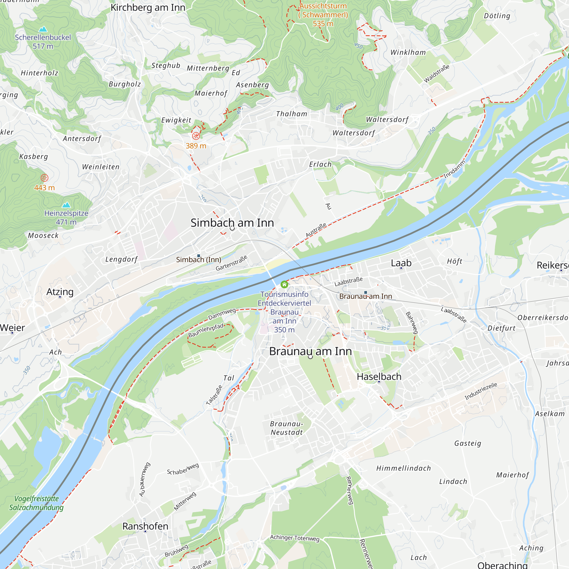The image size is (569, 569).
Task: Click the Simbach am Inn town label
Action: tap(232, 223)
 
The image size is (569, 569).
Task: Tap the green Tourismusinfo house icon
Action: tap(284, 284)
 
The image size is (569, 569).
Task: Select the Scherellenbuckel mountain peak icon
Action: tap(43, 29)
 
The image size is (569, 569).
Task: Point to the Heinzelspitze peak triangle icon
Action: tap(66, 205)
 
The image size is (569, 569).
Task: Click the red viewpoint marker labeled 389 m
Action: tap(196, 136)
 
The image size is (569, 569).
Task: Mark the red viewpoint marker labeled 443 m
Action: tap(44, 178)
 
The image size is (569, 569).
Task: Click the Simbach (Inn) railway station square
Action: tap(199, 256)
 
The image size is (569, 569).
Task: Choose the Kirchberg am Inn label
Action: tap(148, 7)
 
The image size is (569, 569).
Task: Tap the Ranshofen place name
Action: tap(145, 526)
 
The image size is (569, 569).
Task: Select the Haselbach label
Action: tap(379, 376)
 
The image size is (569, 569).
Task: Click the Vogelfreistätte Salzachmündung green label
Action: tap(36, 503)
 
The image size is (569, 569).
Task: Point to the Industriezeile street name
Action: tap(481, 391)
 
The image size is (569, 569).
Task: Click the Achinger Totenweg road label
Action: tap(294, 538)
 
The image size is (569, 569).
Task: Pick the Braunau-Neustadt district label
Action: tap(286, 428)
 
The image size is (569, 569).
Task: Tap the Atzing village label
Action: tap(60, 292)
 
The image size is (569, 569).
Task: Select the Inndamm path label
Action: tap(454, 169)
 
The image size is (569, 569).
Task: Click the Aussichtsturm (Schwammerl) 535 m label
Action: tap(323, 15)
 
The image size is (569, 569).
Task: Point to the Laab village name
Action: tap(401, 263)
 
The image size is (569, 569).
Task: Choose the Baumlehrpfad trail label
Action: tap(206, 330)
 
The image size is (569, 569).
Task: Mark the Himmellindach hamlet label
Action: tap(403, 468)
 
